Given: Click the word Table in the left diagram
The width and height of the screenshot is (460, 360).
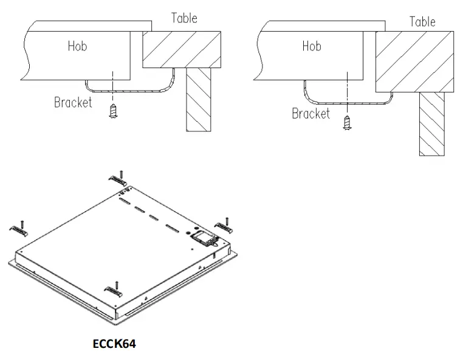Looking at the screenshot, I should [184, 18].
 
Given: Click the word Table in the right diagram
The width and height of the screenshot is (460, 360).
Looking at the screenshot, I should [422, 22].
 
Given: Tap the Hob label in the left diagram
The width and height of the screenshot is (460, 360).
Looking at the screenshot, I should [77, 46].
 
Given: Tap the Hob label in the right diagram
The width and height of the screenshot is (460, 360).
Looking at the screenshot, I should [312, 46].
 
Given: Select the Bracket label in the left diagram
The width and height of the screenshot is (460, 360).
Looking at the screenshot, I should [73, 102].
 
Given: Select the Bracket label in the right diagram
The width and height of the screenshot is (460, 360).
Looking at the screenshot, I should [311, 114].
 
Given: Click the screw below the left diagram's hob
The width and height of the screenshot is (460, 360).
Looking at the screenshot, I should [112, 111].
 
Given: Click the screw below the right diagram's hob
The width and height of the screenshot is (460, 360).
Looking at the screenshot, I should [347, 123].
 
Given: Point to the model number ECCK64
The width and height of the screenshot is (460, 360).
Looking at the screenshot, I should [114, 344].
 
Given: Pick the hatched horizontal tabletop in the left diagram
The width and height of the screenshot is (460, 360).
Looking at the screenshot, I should [182, 49].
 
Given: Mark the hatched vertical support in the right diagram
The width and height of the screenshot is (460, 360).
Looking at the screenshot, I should [431, 123].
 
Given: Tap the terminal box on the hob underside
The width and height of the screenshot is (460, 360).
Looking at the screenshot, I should [203, 237].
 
